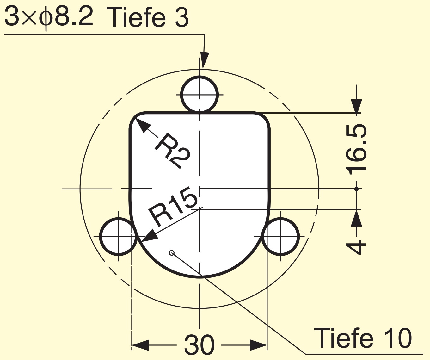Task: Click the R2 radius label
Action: (x=173, y=150)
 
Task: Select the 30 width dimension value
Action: (x=199, y=345)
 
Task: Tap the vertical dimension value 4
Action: (x=356, y=247)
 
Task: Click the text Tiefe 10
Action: (x=363, y=338)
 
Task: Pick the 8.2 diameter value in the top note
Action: (x=74, y=16)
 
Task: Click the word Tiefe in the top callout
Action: (x=136, y=16)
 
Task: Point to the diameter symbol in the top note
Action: (x=46, y=18)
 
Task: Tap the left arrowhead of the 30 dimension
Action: (x=140, y=345)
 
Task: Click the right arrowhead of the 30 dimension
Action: (x=258, y=345)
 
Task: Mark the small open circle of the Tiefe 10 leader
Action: (x=172, y=253)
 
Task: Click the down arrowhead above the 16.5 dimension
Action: (x=356, y=106)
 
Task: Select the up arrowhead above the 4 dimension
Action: (x=356, y=219)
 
